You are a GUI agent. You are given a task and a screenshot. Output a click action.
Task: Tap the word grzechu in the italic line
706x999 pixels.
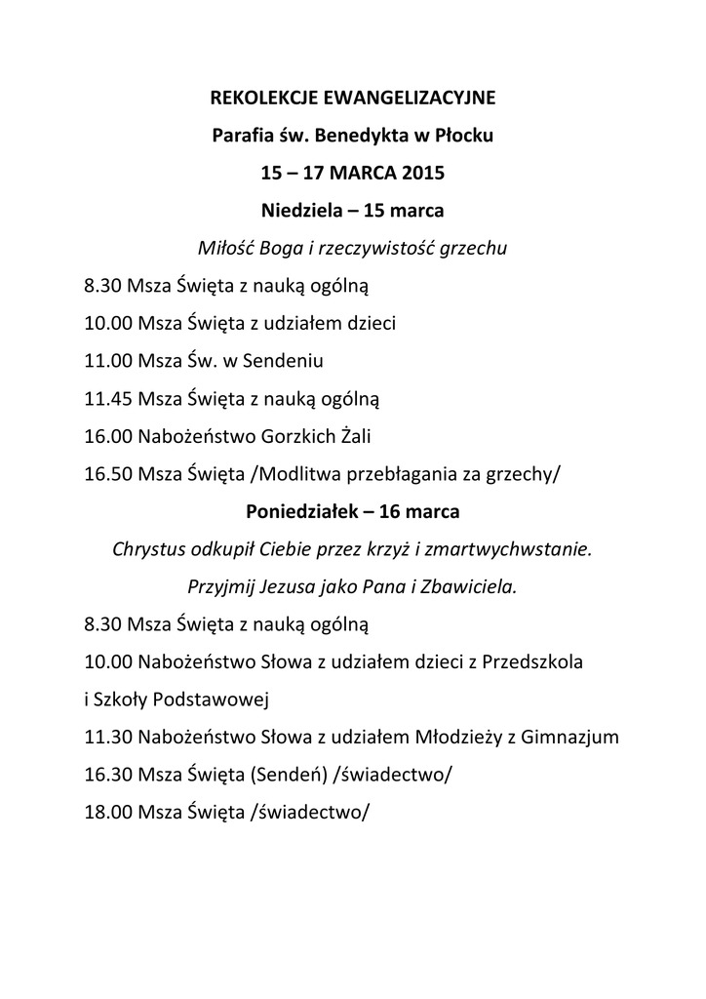(473, 249)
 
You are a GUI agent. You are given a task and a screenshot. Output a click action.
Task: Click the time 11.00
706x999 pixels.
(108, 360)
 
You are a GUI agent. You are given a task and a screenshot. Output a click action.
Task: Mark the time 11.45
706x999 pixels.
(108, 398)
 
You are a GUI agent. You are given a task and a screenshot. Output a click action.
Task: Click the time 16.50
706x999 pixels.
(108, 474)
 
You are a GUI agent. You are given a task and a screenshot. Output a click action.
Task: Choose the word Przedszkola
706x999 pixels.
(532, 661)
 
